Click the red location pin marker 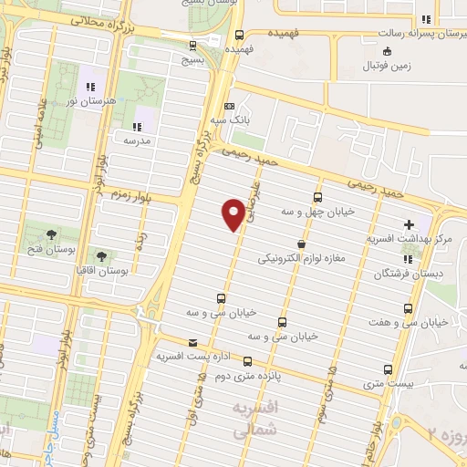[233, 213]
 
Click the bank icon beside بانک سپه [228, 104]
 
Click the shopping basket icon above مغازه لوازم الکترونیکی [301, 244]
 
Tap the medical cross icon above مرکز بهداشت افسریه [408, 223]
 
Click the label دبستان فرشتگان [407, 274]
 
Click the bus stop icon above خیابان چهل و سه [317, 196]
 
